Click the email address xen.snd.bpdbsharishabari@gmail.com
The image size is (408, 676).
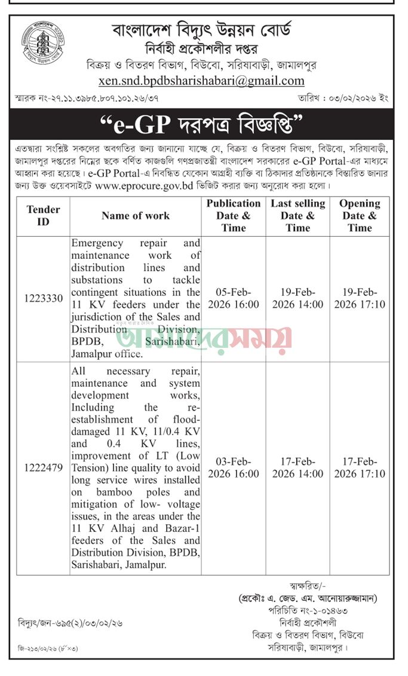(201, 81)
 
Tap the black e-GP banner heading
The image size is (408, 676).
(203, 126)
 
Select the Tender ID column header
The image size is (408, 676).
(43, 215)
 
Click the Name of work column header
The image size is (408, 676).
(136, 215)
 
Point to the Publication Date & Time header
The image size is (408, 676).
(234, 215)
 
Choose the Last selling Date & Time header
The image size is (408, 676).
(297, 215)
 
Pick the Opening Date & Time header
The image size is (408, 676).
(360, 215)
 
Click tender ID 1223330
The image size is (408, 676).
(43, 298)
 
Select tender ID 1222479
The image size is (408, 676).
(43, 468)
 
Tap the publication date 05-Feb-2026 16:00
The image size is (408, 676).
(234, 298)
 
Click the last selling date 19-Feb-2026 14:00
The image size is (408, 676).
(297, 298)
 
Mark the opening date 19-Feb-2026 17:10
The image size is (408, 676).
(360, 298)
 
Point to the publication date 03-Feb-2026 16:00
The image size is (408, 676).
(234, 468)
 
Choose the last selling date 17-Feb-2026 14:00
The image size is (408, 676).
(297, 468)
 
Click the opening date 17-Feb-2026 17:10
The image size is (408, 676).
(360, 468)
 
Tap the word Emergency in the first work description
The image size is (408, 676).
(97, 243)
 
